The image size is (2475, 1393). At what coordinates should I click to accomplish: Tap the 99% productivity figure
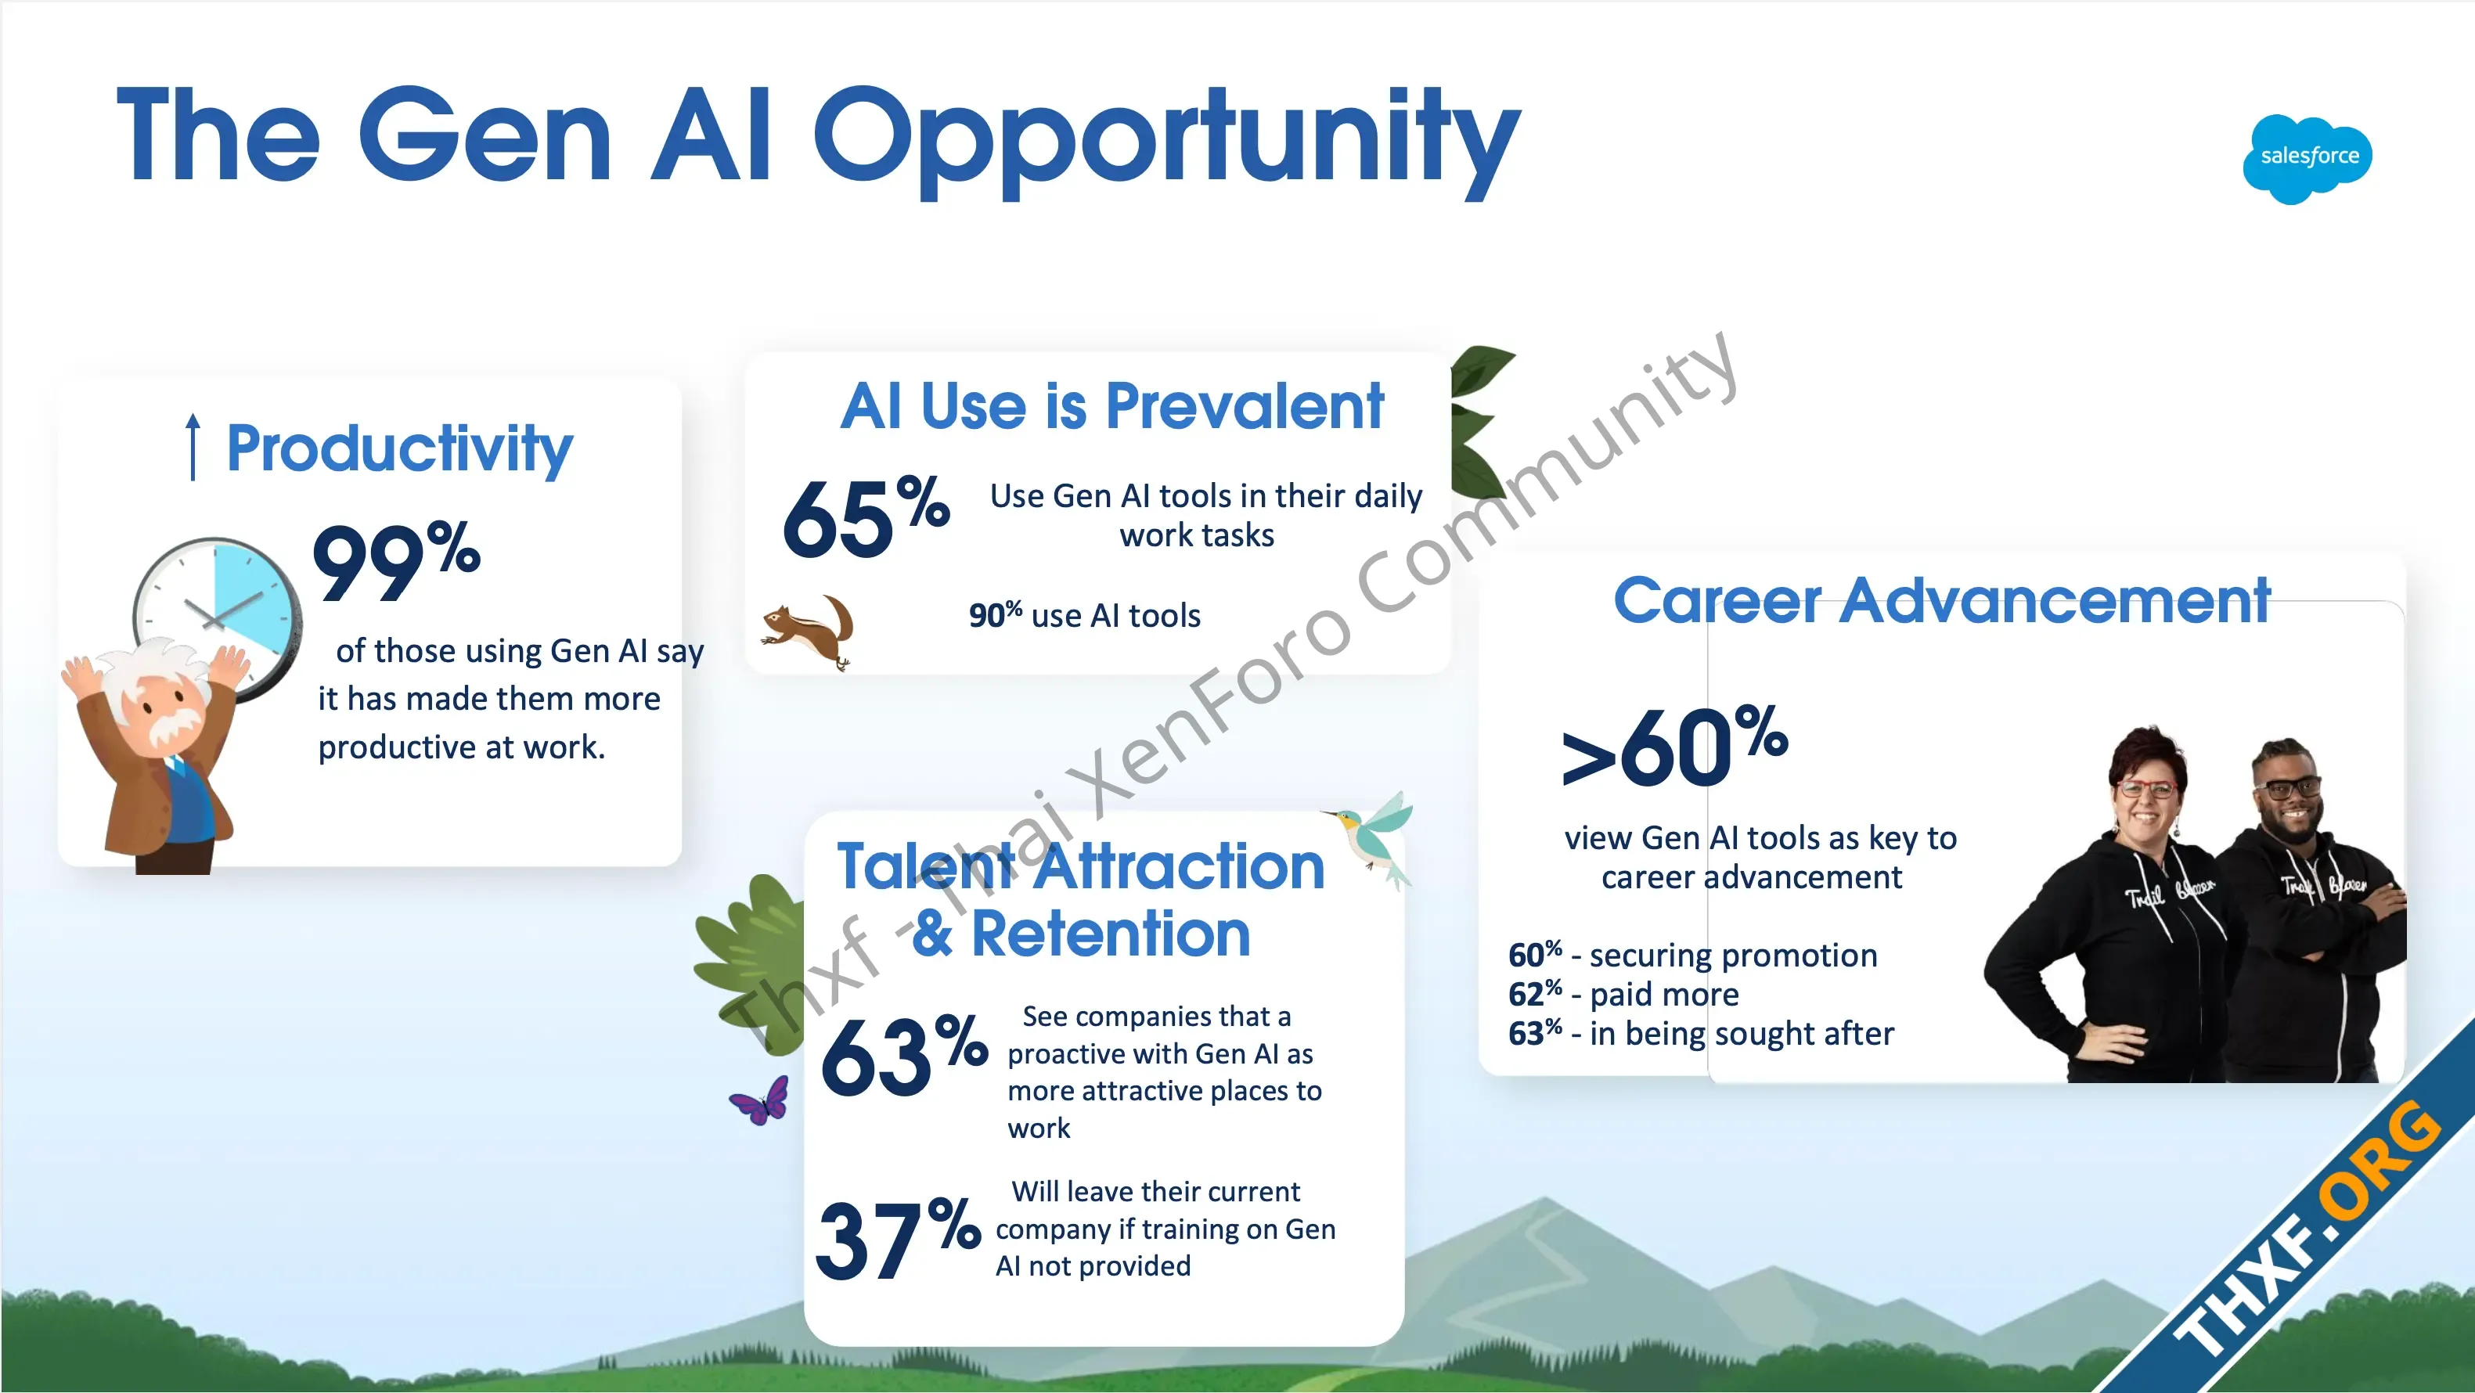point(397,562)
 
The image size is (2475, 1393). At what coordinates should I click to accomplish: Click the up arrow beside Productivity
point(193,447)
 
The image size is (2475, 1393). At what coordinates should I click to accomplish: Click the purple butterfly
point(760,1101)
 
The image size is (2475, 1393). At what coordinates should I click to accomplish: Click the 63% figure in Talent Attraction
point(904,1055)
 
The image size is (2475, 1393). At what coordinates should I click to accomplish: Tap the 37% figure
point(899,1240)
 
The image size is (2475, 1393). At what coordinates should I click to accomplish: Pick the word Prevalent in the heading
point(1245,406)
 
